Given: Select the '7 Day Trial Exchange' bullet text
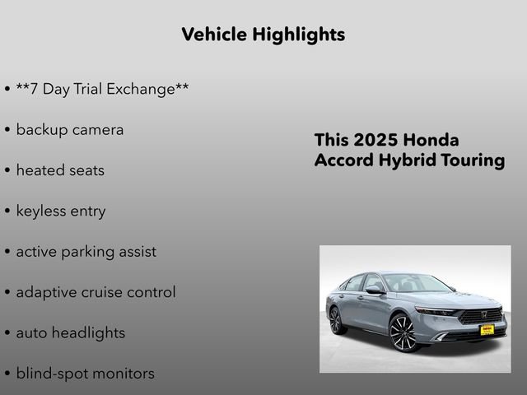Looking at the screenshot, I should click(x=102, y=89).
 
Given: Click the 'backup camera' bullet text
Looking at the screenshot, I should click(x=70, y=130).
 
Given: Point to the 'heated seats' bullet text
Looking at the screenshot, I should click(x=60, y=170).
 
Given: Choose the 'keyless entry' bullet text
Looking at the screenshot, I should click(x=61, y=211).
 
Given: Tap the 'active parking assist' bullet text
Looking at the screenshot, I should click(x=86, y=252).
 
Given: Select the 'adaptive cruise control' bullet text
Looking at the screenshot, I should click(x=96, y=292).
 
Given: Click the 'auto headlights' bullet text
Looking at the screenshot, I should click(x=71, y=333).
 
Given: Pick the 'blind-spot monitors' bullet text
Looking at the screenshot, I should click(x=85, y=374).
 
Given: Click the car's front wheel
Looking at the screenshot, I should click(x=403, y=333).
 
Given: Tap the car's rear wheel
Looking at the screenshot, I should click(x=336, y=320).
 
